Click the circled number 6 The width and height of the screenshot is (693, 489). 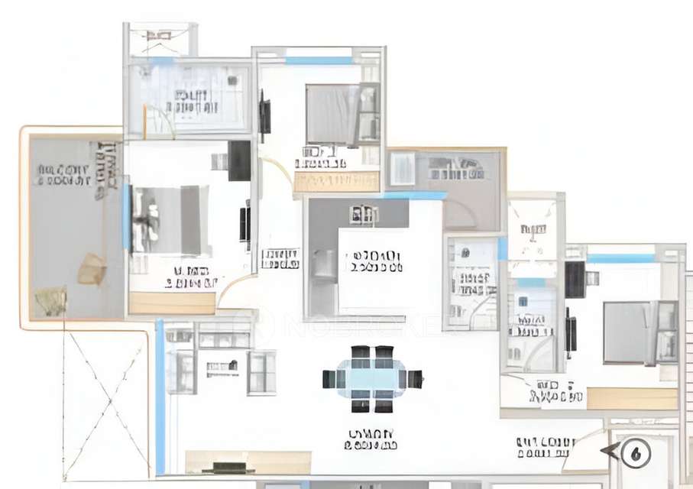tap(635, 453)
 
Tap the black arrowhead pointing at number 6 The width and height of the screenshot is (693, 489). tap(610, 452)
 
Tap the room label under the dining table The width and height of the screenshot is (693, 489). tap(371, 439)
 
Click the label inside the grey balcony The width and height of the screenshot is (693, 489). tap(63, 175)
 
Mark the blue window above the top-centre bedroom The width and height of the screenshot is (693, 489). tap(319, 60)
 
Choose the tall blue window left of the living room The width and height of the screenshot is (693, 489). tap(160, 397)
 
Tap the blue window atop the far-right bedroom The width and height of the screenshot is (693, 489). tap(620, 258)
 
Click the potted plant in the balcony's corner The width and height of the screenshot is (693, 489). tap(50, 301)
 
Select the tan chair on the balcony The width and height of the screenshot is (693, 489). tap(92, 269)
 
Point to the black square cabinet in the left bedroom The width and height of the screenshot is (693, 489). tap(239, 160)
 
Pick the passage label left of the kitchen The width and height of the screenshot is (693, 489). tap(280, 258)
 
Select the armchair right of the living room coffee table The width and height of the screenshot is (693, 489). tap(261, 372)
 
